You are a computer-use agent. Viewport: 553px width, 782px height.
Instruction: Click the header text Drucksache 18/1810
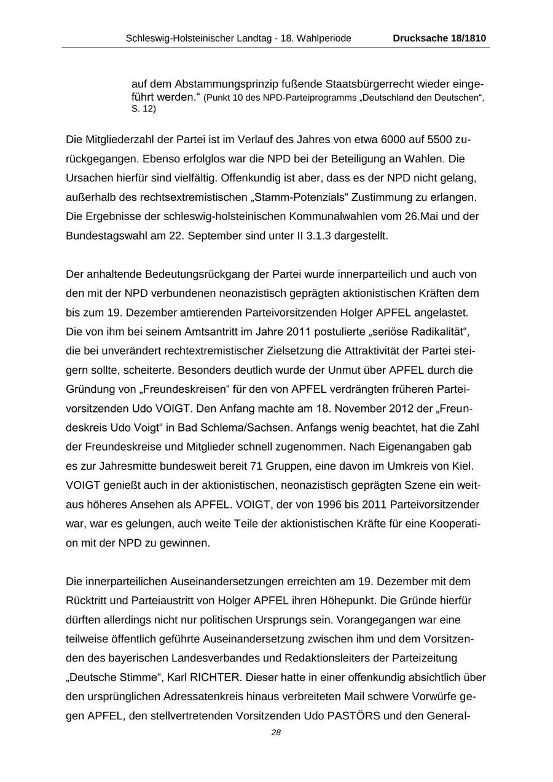(439, 38)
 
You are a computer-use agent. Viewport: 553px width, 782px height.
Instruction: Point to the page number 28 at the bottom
(276, 732)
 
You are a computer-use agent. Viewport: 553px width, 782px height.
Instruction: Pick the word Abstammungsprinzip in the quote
(224, 84)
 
